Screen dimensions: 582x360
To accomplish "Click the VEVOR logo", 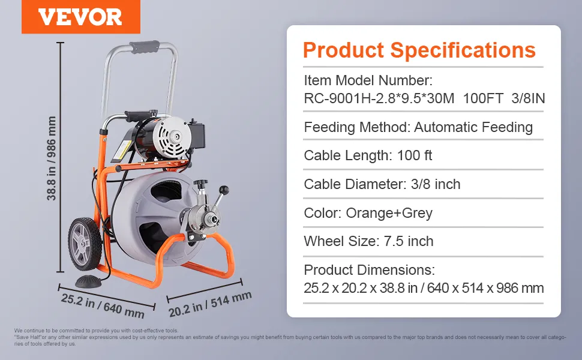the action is click(x=80, y=17).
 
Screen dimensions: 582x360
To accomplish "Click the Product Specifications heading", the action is click(x=419, y=50).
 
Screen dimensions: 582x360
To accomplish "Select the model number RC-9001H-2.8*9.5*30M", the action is click(x=379, y=98).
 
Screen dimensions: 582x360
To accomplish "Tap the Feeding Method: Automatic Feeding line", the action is click(x=418, y=127).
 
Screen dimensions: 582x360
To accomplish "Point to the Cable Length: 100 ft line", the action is click(x=368, y=155).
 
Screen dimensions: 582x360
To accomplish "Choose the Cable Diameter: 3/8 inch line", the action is click(x=382, y=184).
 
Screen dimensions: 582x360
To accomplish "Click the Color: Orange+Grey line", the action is click(x=368, y=213).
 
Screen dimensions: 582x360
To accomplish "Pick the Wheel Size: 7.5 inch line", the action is click(x=368, y=241).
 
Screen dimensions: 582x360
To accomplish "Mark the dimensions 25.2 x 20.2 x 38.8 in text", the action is click(x=361, y=288).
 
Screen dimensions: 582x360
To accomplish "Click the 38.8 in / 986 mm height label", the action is click(x=51, y=158).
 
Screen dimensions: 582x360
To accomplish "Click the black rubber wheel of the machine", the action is click(x=85, y=244).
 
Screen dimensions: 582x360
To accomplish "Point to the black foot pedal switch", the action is click(x=88, y=281).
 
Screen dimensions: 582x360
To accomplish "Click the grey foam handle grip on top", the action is click(x=145, y=47).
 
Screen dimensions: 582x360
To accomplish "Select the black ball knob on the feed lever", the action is click(x=224, y=190).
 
